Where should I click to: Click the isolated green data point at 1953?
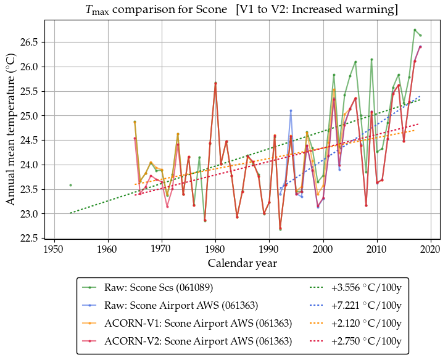click(x=70, y=185)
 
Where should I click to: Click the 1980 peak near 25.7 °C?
click(x=215, y=83)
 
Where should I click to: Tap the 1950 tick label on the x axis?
click(x=54, y=249)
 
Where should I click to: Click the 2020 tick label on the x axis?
click(x=431, y=249)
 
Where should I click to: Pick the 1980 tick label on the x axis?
click(x=215, y=249)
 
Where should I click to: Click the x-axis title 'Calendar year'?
click(x=242, y=263)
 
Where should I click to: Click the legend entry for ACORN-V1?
click(x=198, y=323)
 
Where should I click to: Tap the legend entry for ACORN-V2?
click(x=198, y=340)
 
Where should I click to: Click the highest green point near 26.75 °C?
click(x=415, y=30)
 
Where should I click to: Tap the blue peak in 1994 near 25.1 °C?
click(x=291, y=110)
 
